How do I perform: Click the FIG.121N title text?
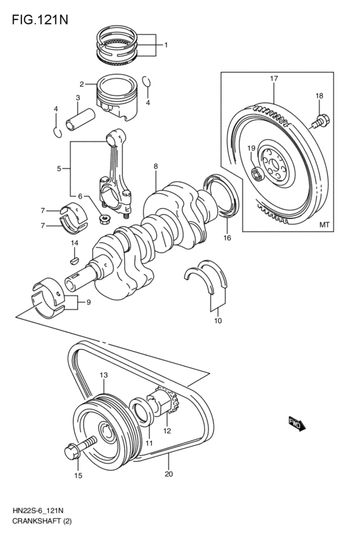coord(39,19)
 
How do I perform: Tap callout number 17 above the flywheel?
coord(274,78)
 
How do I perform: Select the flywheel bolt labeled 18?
coord(321,120)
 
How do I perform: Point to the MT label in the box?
coord(324,225)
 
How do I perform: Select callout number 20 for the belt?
coord(169,476)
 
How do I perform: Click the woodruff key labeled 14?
coord(73,260)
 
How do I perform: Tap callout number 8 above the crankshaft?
coord(156,166)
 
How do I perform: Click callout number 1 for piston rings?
coord(165,45)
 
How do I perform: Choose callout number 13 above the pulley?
coord(104,375)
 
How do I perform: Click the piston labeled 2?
coord(120,97)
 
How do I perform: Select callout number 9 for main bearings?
coord(89,303)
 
